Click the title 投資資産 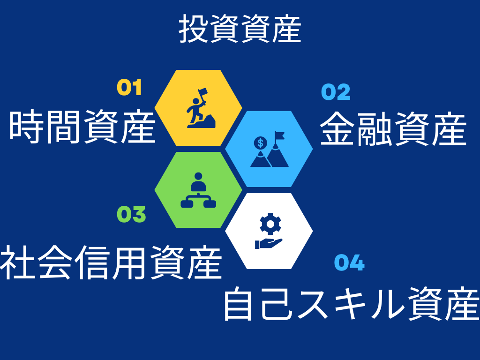pyautogui.click(x=240, y=29)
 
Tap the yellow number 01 pyautogui.click(x=129, y=88)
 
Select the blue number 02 pyautogui.click(x=336, y=92)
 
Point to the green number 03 pyautogui.click(x=131, y=214)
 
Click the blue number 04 pyautogui.click(x=349, y=262)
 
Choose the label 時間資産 pyautogui.click(x=82, y=127)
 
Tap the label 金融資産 pyautogui.click(x=393, y=128)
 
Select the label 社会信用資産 pyautogui.click(x=111, y=262)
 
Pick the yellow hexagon pyautogui.click(x=198, y=108)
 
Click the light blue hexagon pyautogui.click(x=269, y=149)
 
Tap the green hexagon pyautogui.click(x=198, y=190)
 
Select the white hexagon pyautogui.click(x=269, y=231)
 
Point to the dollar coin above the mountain pyautogui.click(x=261, y=142)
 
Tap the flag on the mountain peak pyautogui.click(x=279, y=136)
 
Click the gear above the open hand pyautogui.click(x=270, y=224)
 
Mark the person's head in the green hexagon pyautogui.click(x=198, y=176)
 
